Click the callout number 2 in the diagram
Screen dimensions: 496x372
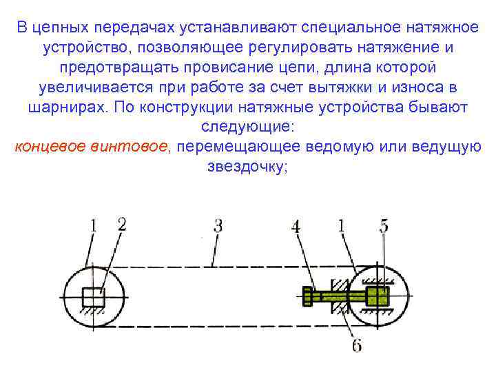pos(122,224)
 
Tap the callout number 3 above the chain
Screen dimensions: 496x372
pos(218,225)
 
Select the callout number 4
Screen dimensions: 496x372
pos(296,225)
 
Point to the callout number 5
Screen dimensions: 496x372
pos(384,225)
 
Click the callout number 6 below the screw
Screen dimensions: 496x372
pos(356,344)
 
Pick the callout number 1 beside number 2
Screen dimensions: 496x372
pos(94,225)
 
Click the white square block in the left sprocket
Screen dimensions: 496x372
pos(92,297)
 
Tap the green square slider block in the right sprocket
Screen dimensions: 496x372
pos(376,297)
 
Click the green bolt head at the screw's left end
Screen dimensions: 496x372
pos(307,297)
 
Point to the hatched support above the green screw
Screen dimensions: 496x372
pos(338,284)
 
